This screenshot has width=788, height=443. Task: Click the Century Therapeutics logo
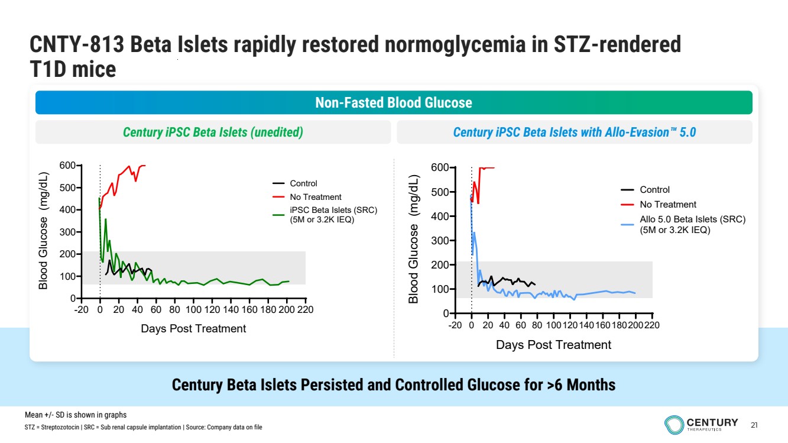pyautogui.click(x=701, y=424)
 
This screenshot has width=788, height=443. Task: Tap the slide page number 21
pyautogui.click(x=754, y=425)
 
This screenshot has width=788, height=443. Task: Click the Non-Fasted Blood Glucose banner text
pyautogui.click(x=394, y=103)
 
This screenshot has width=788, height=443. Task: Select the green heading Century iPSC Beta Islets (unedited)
pyautogui.click(x=213, y=132)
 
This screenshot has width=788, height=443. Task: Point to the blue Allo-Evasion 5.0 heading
pyautogui.click(x=574, y=132)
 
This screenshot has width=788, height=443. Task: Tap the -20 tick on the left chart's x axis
pyautogui.click(x=81, y=309)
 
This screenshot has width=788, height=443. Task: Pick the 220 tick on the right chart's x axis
pyautogui.click(x=652, y=325)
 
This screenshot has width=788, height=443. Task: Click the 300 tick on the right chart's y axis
pyautogui.click(x=439, y=241)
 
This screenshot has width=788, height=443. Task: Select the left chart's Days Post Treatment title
pyautogui.click(x=193, y=328)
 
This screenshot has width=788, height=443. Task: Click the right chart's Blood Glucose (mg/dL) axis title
pyautogui.click(x=414, y=240)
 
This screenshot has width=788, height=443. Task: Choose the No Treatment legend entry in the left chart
pyautogui.click(x=315, y=197)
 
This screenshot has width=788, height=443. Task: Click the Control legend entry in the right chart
pyautogui.click(x=654, y=190)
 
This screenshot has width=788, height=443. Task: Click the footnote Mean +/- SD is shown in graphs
pyautogui.click(x=76, y=415)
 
